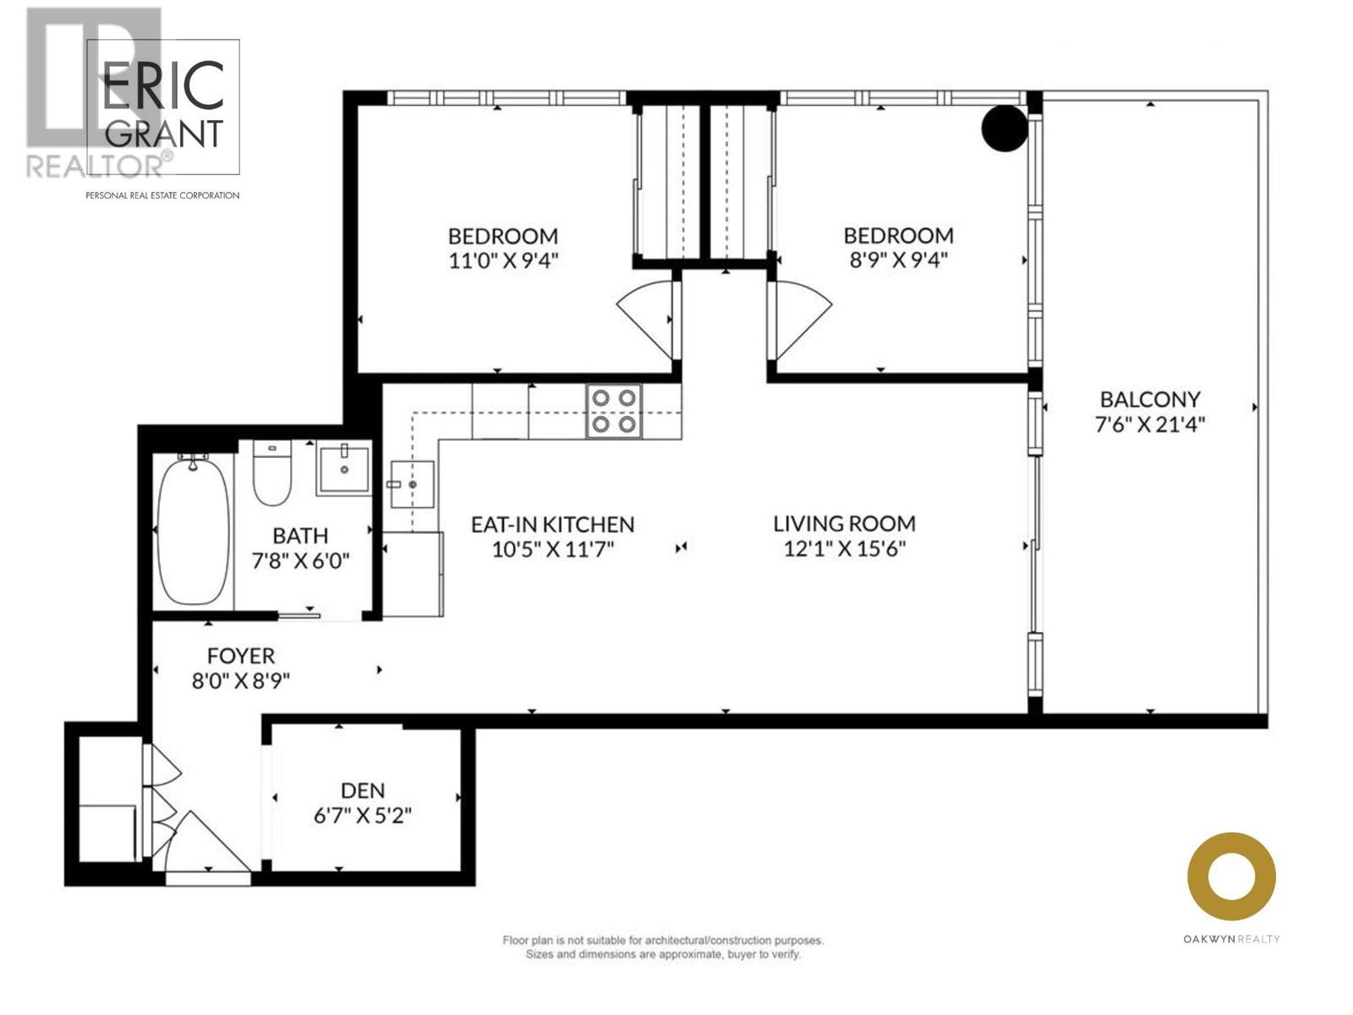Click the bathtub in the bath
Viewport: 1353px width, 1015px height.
(x=193, y=530)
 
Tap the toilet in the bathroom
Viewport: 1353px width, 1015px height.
(x=272, y=474)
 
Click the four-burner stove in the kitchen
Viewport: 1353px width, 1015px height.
(x=614, y=410)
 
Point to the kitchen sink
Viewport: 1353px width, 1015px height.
(x=413, y=484)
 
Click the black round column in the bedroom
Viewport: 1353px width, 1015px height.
(x=1004, y=129)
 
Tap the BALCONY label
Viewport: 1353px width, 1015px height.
(x=1149, y=398)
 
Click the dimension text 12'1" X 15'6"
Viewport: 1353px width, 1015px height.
(x=844, y=549)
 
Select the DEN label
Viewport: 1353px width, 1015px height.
(x=363, y=790)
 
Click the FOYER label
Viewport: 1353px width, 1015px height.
(x=241, y=656)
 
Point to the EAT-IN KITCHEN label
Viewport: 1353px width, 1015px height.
(x=552, y=524)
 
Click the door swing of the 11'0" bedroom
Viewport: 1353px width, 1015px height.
(x=644, y=317)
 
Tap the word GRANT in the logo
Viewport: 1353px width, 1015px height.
(x=164, y=134)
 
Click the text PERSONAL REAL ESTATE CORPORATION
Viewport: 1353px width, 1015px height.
(x=162, y=195)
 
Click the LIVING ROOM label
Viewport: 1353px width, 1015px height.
(x=844, y=524)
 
